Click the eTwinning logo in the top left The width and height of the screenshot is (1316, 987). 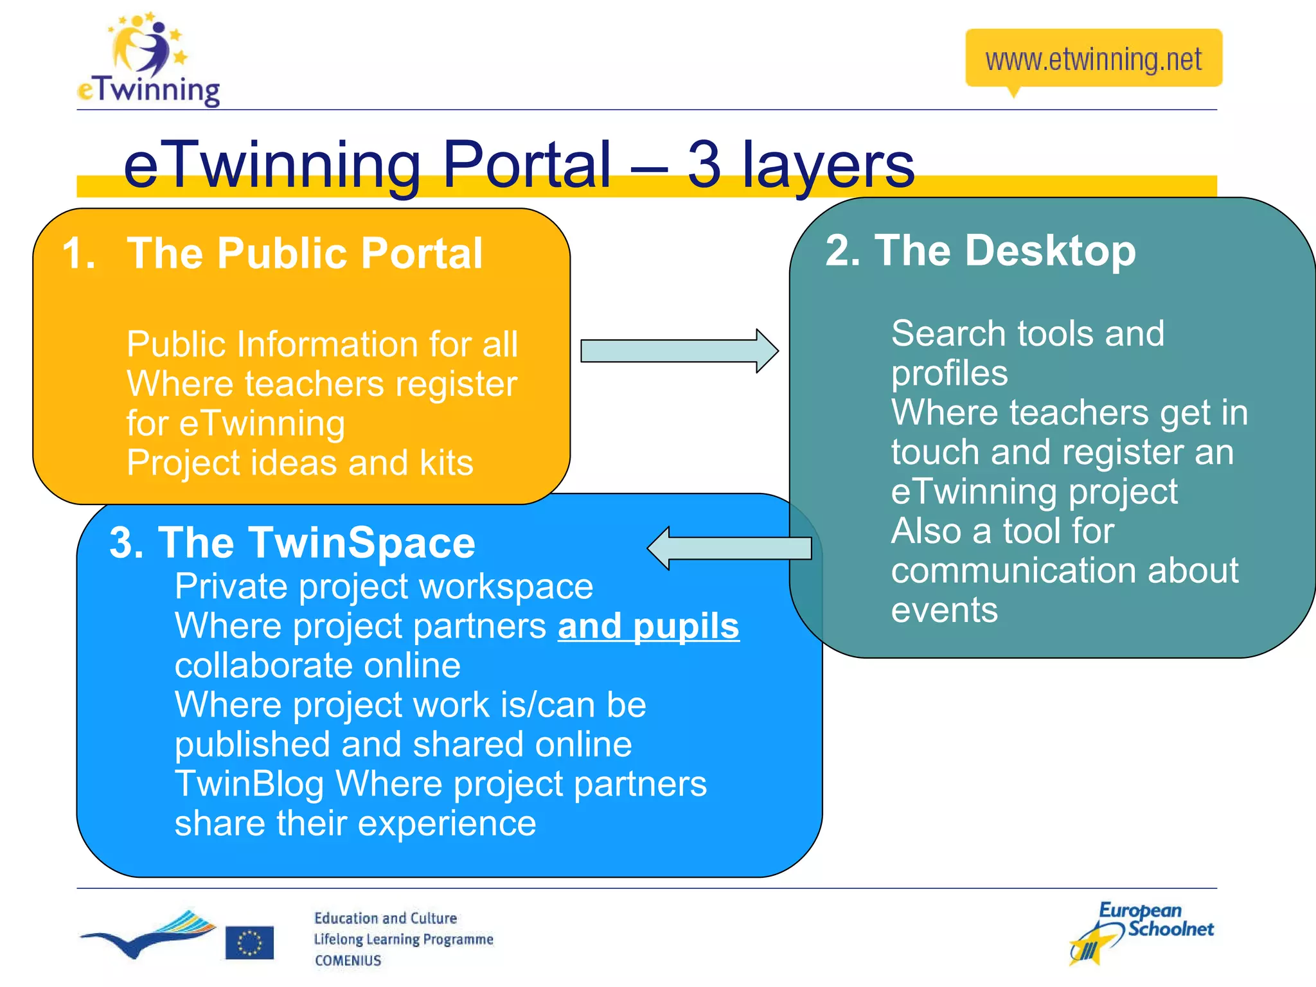click(x=148, y=61)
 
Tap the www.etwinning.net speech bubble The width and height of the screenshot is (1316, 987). click(x=1093, y=59)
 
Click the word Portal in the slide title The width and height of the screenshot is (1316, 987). click(x=526, y=165)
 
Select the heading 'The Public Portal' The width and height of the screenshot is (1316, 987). click(x=305, y=253)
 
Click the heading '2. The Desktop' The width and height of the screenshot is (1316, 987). click(x=981, y=251)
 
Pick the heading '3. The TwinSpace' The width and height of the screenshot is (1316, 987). click(x=292, y=543)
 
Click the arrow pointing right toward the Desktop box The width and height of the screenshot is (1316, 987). click(x=679, y=351)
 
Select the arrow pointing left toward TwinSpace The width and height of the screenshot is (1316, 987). click(x=729, y=548)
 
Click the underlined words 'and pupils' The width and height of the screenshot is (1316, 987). click(x=648, y=627)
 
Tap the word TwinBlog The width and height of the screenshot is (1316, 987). click(x=249, y=784)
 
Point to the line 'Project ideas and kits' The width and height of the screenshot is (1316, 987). click(x=299, y=463)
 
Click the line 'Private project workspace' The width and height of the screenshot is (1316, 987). click(x=384, y=587)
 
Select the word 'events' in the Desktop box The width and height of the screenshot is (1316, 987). click(x=944, y=610)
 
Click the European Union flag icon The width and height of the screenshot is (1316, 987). click(x=249, y=943)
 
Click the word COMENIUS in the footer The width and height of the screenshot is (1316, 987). click(x=348, y=961)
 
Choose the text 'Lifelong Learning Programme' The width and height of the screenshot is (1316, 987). click(x=403, y=939)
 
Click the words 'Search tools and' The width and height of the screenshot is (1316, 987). click(x=1027, y=333)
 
